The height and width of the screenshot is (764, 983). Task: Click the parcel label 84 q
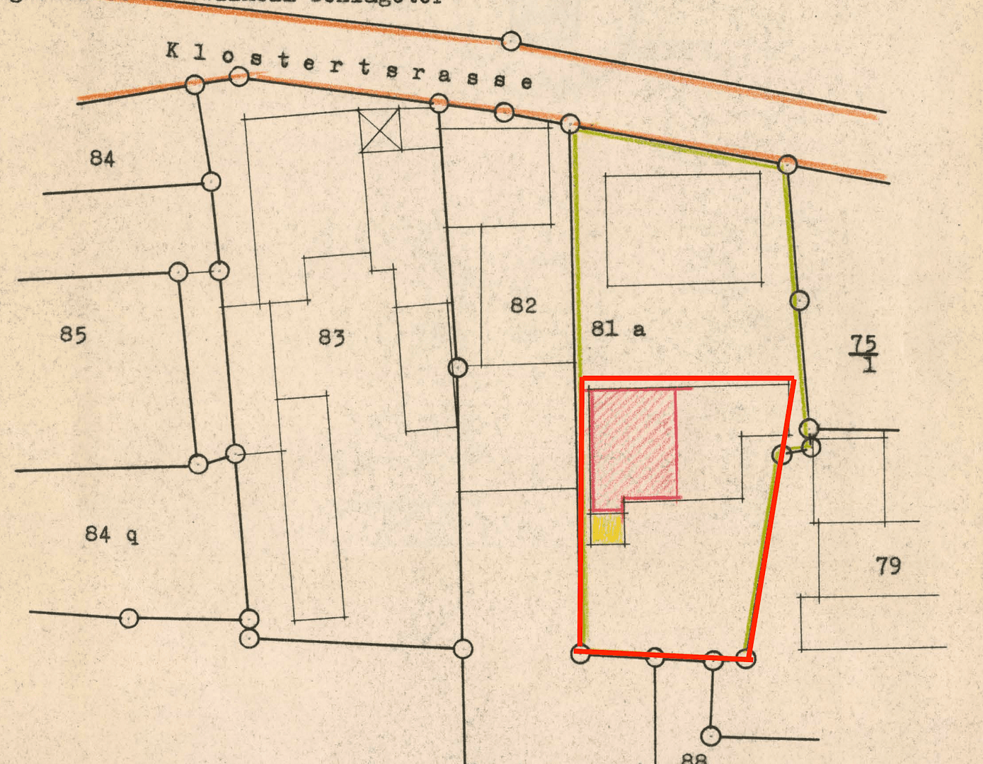click(x=111, y=534)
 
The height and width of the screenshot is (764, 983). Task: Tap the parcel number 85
click(x=73, y=334)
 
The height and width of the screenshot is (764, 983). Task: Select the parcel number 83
click(x=331, y=337)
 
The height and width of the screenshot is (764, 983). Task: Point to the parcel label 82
click(x=523, y=306)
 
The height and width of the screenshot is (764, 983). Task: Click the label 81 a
click(x=618, y=328)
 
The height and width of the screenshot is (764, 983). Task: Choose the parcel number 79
click(x=888, y=566)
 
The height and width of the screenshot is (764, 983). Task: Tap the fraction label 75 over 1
click(x=863, y=354)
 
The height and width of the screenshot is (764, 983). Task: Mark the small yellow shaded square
click(x=607, y=528)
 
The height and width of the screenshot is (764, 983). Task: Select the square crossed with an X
click(x=380, y=130)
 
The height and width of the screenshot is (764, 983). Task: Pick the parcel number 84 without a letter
click(x=102, y=158)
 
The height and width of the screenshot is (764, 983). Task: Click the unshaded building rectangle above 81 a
click(x=684, y=229)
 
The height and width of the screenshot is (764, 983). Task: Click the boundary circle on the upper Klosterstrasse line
click(x=511, y=41)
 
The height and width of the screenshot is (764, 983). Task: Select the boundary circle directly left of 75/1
click(x=799, y=301)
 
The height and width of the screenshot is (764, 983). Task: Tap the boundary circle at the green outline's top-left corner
click(x=570, y=125)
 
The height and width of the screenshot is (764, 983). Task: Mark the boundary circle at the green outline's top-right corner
click(x=787, y=165)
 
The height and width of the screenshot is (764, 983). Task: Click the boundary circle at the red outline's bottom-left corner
click(x=580, y=653)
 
